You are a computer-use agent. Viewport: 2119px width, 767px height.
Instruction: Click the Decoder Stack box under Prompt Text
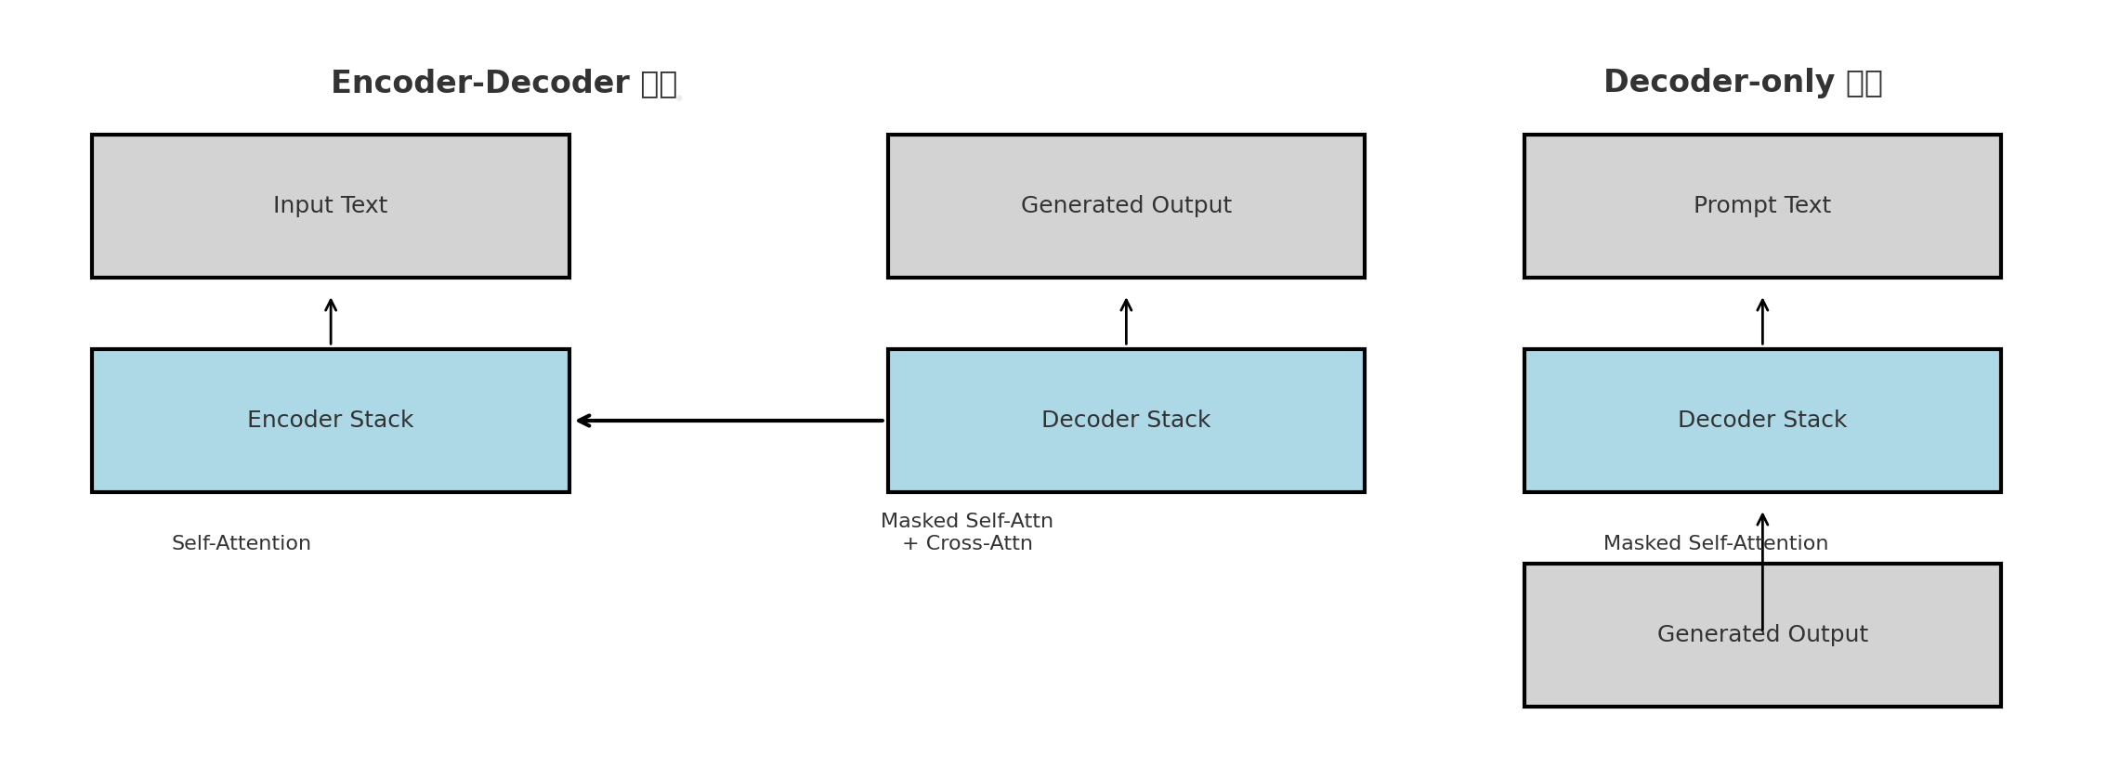pos(1761,455)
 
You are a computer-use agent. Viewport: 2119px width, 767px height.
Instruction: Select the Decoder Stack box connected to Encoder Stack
pos(1125,455)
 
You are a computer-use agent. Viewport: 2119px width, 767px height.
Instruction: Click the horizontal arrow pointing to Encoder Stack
pos(729,421)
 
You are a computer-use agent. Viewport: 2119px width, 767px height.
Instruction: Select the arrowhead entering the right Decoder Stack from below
pos(1762,518)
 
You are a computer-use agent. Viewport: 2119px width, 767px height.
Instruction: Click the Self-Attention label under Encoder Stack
pos(242,544)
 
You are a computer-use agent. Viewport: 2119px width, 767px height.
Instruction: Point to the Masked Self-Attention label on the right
pos(1672,544)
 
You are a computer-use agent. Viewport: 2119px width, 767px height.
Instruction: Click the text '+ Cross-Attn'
pos(967,544)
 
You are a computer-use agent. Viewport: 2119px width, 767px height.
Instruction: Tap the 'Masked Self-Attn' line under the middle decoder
pos(967,522)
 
